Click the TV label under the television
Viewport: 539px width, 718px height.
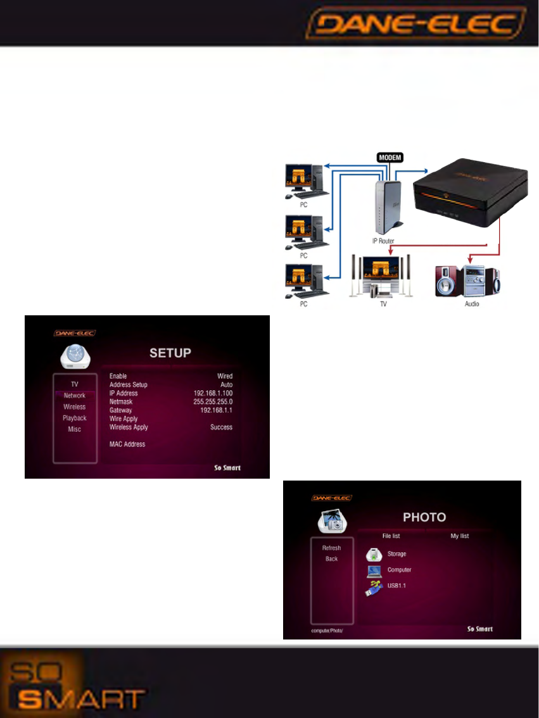pos(383,303)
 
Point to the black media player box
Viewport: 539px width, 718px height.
pos(470,193)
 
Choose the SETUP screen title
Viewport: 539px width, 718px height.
pos(170,353)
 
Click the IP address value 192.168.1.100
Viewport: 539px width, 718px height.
pos(213,393)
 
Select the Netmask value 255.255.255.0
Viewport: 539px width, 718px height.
pos(213,402)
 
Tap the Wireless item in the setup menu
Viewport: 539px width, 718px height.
pos(75,406)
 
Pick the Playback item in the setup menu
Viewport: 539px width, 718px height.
pos(75,418)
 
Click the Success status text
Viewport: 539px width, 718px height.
pos(221,427)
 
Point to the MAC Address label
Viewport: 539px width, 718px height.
pos(127,444)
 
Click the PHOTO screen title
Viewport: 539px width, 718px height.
pos(424,517)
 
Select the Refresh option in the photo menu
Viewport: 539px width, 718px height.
pos(331,548)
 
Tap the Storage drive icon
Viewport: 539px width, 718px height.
pos(376,555)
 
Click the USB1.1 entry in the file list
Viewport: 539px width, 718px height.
pos(396,586)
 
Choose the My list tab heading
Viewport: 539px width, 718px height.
pos(459,536)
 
